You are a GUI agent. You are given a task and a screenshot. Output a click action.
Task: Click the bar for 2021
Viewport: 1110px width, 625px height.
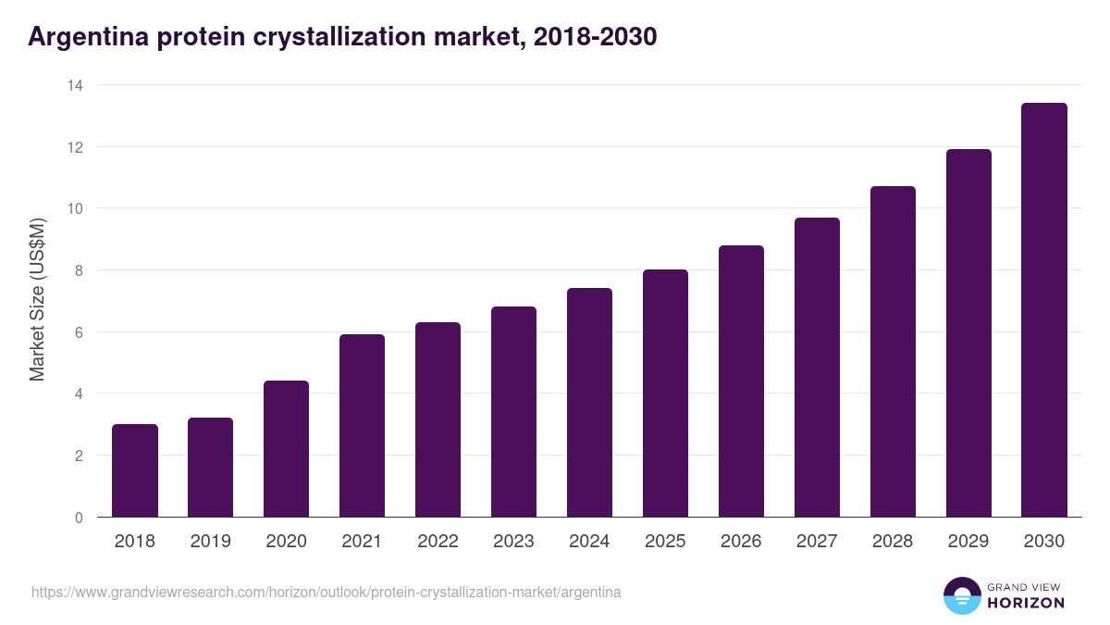coord(362,426)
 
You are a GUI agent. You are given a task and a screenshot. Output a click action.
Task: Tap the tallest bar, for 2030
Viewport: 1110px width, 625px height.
coord(1044,310)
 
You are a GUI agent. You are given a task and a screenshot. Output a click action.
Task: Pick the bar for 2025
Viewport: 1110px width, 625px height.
coord(665,394)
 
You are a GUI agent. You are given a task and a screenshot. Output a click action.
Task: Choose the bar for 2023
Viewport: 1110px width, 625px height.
coord(513,412)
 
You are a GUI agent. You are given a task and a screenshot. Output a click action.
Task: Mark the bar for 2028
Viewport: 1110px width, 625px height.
coord(893,352)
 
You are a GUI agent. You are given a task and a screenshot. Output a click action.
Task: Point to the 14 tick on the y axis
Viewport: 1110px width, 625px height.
coord(75,85)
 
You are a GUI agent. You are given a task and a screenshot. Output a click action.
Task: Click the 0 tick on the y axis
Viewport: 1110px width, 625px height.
coord(79,518)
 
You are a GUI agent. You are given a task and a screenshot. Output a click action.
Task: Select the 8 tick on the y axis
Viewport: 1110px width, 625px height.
coord(79,270)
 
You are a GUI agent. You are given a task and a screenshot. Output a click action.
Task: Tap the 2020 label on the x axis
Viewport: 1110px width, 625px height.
coord(286,542)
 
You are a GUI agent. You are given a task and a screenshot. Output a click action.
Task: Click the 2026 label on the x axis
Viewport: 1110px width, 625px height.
coord(741,542)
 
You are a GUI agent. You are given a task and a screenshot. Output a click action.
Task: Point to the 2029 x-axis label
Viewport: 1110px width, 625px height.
coord(968,542)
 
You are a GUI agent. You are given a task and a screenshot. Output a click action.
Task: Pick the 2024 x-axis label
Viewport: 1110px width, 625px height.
coord(589,542)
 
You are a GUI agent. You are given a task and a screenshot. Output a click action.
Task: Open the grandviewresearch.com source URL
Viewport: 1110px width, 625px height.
coord(327,592)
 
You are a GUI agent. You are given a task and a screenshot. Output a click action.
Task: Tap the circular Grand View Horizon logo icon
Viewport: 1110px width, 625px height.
coord(962,595)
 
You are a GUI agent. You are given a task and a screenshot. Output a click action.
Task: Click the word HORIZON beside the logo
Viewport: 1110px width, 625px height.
coord(1026,603)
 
